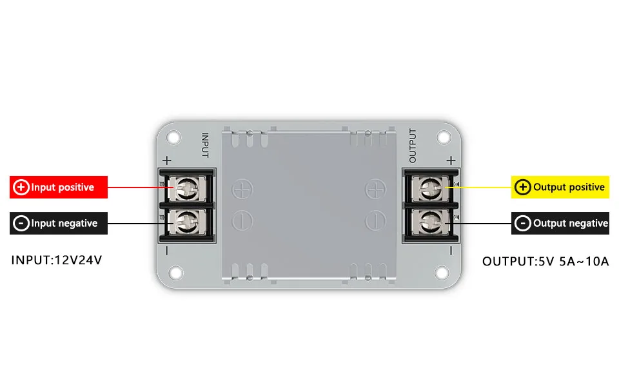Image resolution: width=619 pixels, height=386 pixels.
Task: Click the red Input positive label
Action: click(58, 188)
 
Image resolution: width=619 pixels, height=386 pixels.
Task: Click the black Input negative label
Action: click(58, 224)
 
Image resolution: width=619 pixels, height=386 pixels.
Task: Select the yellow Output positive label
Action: click(560, 188)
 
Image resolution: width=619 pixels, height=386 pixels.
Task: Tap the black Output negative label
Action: click(560, 224)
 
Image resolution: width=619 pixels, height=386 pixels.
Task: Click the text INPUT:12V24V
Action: click(57, 261)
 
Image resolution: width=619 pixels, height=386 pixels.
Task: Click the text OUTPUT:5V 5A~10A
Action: click(545, 262)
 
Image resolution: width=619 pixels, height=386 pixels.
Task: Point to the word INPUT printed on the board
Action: click(205, 146)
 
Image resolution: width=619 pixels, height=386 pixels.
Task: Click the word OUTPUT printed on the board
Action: click(413, 146)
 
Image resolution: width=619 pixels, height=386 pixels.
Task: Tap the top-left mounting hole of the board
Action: click(173, 137)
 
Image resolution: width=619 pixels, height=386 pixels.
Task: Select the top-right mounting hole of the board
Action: click(444, 137)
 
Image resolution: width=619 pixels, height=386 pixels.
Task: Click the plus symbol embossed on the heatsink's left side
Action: click(242, 189)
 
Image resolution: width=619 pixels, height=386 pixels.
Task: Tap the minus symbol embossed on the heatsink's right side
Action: click(375, 221)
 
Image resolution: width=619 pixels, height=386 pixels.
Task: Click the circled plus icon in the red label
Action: click(21, 188)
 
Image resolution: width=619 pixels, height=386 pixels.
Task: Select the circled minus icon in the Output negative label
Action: click(523, 224)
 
